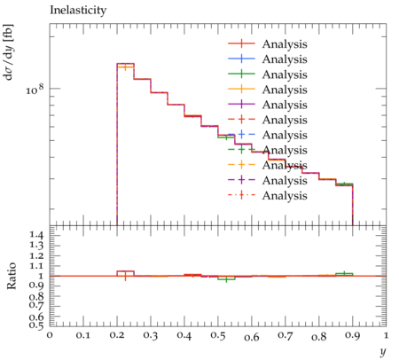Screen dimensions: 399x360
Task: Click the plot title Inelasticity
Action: (78, 11)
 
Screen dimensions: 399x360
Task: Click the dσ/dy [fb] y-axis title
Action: (8, 52)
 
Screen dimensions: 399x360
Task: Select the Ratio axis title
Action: (12, 276)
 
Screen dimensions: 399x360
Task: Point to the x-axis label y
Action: (383, 352)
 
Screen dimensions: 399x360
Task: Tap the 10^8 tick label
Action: (35, 89)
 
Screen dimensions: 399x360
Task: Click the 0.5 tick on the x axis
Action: (218, 336)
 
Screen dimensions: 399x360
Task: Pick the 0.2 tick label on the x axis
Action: (117, 336)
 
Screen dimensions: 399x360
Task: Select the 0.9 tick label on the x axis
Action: (353, 336)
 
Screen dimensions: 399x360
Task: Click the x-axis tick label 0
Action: (50, 335)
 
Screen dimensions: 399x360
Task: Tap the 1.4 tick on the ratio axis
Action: (36, 236)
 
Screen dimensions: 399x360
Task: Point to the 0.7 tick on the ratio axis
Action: (36, 304)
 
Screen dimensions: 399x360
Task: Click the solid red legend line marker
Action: (241, 43)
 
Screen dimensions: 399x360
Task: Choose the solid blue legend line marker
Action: (241, 59)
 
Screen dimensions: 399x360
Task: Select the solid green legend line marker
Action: (241, 74)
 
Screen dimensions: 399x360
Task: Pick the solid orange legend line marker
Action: (241, 90)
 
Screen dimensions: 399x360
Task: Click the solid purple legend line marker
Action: (241, 105)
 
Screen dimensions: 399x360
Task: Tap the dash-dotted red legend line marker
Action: (241, 195)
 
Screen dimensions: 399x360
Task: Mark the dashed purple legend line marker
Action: (241, 180)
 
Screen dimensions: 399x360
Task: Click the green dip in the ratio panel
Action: (227, 279)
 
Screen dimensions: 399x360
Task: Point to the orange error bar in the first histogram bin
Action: (126, 67)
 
